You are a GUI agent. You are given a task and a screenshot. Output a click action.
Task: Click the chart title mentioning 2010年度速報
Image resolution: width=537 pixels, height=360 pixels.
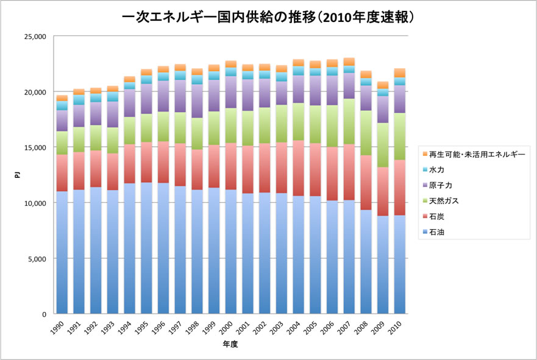point(268,17)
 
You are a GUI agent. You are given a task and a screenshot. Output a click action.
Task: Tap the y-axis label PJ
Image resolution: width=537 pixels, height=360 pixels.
point(18,175)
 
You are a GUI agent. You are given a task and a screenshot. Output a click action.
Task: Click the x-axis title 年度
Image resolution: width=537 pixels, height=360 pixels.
point(230,345)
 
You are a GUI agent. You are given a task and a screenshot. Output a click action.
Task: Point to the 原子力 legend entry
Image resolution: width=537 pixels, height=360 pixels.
point(440,185)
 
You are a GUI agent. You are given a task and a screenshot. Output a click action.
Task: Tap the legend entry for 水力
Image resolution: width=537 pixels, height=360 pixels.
point(436,169)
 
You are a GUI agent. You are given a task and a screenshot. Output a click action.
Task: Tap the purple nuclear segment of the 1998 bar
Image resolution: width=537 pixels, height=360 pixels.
point(197,101)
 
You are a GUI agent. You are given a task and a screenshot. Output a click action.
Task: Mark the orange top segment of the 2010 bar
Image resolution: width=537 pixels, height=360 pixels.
point(399,73)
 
